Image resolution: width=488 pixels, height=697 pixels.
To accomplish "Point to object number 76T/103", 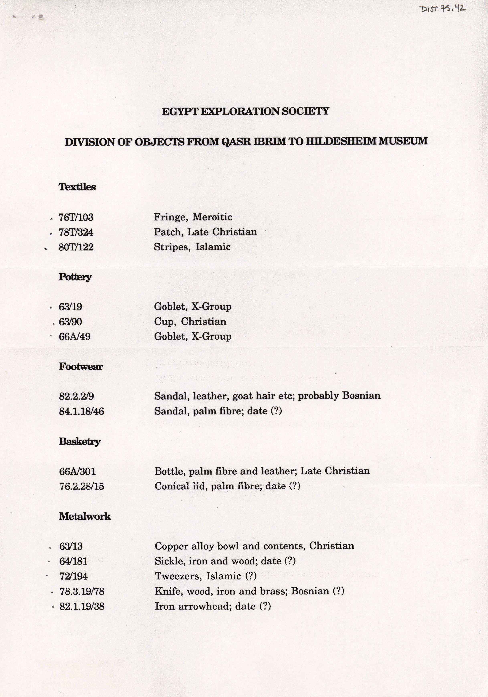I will click(76, 217).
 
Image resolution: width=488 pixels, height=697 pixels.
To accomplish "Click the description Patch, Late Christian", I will click(205, 232).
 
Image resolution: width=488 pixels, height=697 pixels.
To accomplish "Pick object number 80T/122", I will click(76, 247).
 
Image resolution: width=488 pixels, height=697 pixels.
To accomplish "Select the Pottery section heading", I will click(75, 277).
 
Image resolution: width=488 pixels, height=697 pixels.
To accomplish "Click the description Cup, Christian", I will click(190, 321).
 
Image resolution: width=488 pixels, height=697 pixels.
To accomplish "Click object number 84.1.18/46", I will click(81, 411).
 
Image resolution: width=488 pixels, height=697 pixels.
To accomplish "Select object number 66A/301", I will click(77, 471).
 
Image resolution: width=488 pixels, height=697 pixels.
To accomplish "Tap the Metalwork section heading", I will click(85, 516).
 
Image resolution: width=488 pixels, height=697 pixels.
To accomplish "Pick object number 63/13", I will click(71, 546).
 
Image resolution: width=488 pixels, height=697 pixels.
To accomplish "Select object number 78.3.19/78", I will click(82, 591).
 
